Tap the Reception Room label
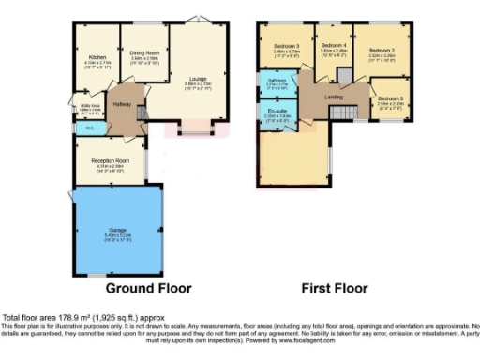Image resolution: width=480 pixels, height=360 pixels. click(110, 161)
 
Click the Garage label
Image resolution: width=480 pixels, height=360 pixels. click(113, 231)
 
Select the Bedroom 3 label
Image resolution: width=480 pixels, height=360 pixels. click(286, 46)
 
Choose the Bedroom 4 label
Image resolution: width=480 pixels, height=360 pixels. click(333, 45)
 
